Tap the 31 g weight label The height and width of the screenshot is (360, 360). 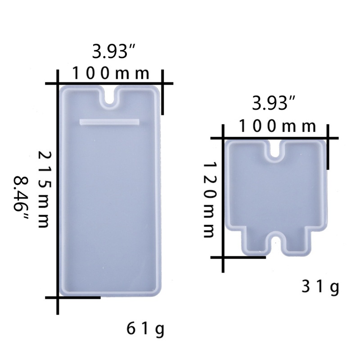pos(320,288)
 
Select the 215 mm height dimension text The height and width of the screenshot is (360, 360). pos(44,189)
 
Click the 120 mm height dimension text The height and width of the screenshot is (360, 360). pos(210,199)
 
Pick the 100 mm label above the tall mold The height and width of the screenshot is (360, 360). pos(111,73)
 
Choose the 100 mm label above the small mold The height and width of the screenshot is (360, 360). pos(277,126)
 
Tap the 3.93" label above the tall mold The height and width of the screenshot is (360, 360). pos(113,51)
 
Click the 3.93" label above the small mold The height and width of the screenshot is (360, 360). pos(273,103)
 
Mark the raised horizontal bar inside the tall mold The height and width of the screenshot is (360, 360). pos(109,122)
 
